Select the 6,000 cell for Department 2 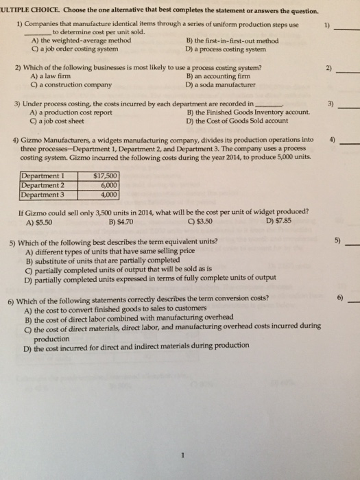coord(108,183)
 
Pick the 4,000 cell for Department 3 coord(108,192)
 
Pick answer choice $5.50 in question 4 coord(38,222)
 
